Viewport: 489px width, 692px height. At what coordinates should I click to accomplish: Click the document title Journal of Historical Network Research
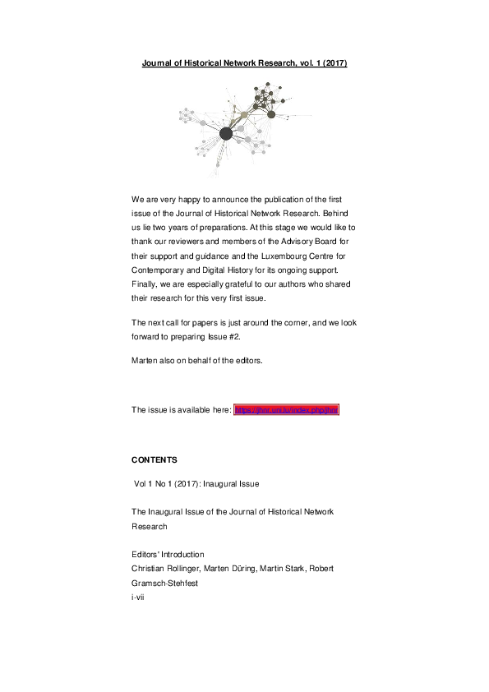coord(244,63)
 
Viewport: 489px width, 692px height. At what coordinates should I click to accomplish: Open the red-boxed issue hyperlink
coord(286,409)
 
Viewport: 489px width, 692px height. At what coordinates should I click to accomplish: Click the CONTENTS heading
coord(155,459)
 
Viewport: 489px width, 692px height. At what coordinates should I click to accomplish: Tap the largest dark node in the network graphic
coord(225,133)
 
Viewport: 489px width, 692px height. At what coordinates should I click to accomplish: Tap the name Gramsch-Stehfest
coord(168,583)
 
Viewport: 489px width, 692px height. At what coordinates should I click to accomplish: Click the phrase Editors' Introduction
coord(168,554)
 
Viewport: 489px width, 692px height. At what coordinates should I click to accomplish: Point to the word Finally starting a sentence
coord(145,283)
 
